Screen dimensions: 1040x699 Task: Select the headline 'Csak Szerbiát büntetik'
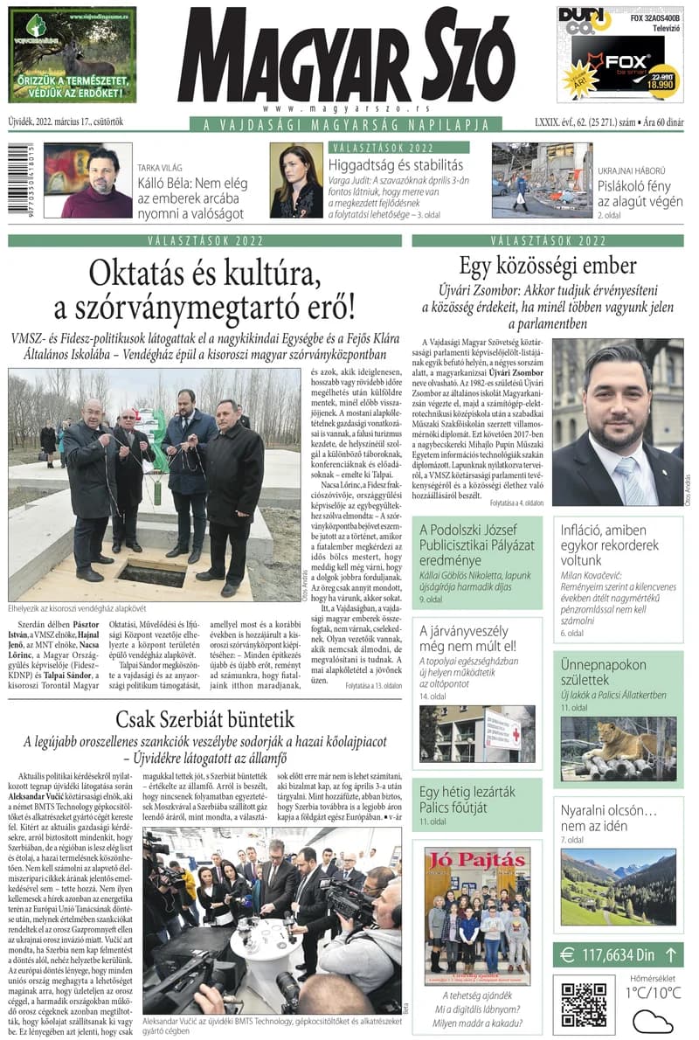206,720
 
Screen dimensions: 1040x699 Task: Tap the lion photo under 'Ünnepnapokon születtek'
618,748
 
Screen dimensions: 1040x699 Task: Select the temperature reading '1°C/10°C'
653,992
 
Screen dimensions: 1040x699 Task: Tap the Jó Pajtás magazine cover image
477,916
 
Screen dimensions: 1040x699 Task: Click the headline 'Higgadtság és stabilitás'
396,164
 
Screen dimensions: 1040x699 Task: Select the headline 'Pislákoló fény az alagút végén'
640,192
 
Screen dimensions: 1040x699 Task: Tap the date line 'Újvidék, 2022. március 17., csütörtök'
66,124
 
